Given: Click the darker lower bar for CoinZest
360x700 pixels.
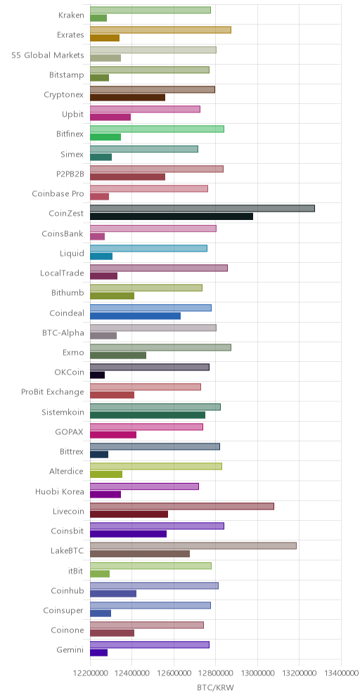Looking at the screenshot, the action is pyautogui.click(x=172, y=216).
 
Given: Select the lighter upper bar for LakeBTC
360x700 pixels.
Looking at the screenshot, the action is pyautogui.click(x=193, y=545).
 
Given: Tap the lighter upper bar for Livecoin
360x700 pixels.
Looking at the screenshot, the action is pyautogui.click(x=182, y=506).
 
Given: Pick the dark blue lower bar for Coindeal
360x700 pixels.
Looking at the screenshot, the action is pyautogui.click(x=135, y=316).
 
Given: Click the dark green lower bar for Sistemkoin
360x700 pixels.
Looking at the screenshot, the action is pyautogui.click(x=148, y=415).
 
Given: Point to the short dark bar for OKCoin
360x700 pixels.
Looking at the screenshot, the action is pyautogui.click(x=97, y=375).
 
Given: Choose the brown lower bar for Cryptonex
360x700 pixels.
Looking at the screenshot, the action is pyautogui.click(x=128, y=97).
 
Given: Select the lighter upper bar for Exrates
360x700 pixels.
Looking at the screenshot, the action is pyautogui.click(x=161, y=30).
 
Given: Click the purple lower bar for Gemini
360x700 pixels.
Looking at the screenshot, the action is pyautogui.click(x=98, y=653).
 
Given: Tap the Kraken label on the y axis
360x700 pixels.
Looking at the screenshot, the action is pyautogui.click(x=71, y=15).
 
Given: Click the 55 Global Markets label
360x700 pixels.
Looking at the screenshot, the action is pyautogui.click(x=48, y=55).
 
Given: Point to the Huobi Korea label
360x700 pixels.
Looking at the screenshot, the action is pyautogui.click(x=60, y=491).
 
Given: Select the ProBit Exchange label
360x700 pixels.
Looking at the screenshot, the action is pyautogui.click(x=53, y=392).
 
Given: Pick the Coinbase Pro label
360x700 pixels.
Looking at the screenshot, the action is pyautogui.click(x=58, y=194).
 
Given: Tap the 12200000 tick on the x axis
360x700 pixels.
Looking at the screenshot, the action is pyautogui.click(x=90, y=672).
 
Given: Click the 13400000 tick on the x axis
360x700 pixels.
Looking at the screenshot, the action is pyautogui.click(x=341, y=672).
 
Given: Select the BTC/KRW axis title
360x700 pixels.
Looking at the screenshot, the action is pyautogui.click(x=215, y=688).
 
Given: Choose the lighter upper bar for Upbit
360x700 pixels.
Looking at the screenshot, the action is pyautogui.click(x=145, y=110).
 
